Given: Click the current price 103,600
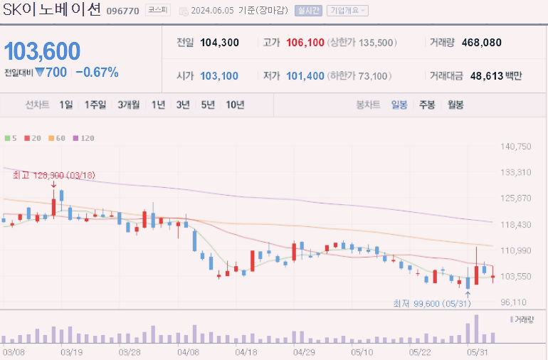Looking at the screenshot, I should click(42, 51).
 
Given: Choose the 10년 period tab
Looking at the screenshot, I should click(234, 105).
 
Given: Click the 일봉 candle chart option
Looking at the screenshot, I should click(399, 105).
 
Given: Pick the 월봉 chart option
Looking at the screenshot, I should click(455, 105).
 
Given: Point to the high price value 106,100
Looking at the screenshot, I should click(305, 43).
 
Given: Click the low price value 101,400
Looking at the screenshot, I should click(305, 75).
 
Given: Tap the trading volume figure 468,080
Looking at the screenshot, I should click(481, 43).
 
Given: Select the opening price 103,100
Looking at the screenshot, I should click(219, 75).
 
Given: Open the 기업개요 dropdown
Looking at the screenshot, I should click(347, 11).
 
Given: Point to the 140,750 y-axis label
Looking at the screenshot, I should click(516, 147).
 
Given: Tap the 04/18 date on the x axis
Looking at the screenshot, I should click(246, 351).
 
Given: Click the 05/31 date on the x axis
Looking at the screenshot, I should click(477, 351).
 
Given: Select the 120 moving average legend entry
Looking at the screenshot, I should click(85, 138).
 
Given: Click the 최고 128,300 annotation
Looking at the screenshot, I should click(54, 174).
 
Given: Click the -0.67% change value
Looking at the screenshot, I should click(97, 73).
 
